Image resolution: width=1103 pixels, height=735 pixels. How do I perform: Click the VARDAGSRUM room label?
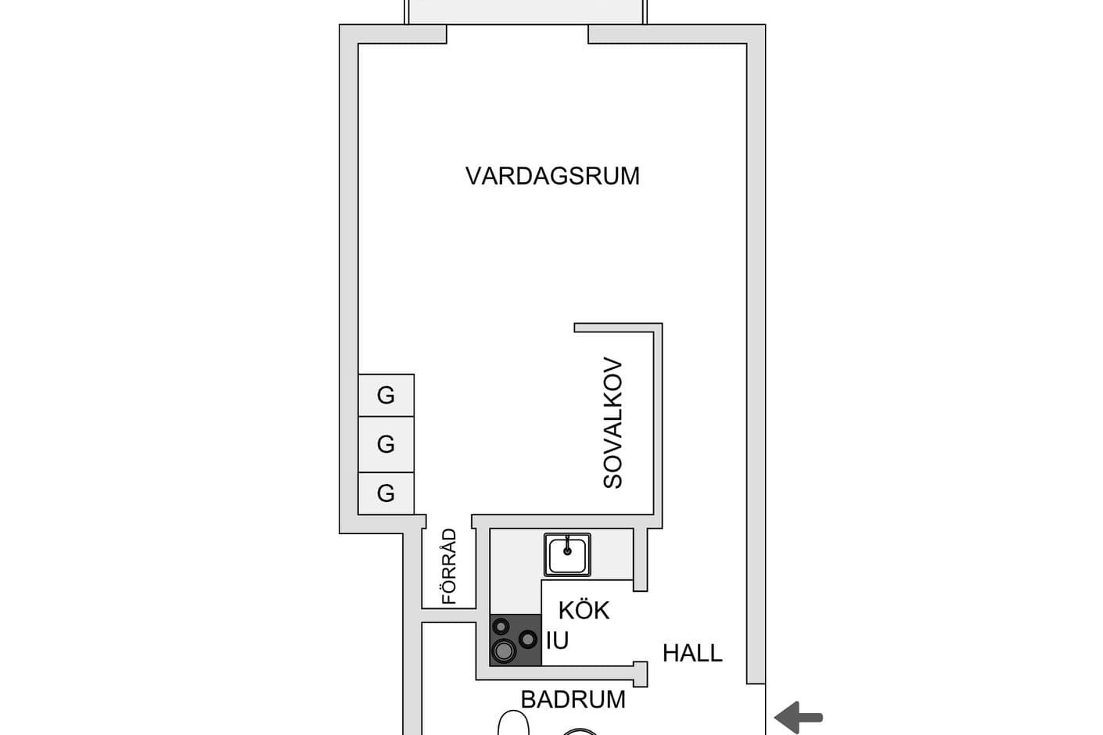point(552,176)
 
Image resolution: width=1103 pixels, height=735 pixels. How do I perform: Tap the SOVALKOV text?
point(613,423)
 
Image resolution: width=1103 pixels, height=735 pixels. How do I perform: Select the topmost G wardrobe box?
point(386,395)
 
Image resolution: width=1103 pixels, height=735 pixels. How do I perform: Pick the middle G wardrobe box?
point(386,444)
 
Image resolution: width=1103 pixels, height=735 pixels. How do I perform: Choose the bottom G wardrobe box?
point(386,493)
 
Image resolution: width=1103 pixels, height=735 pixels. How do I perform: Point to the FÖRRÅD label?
point(449,567)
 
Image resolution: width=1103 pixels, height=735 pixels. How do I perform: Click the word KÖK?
point(584,610)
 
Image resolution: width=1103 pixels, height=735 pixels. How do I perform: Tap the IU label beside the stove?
point(557,640)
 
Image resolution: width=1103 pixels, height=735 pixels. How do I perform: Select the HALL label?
point(692,653)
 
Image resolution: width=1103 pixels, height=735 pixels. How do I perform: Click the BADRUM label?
point(573,699)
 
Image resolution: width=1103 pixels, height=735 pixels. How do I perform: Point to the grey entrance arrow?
point(799,716)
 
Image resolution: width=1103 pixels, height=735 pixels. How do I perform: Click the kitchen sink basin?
point(568,555)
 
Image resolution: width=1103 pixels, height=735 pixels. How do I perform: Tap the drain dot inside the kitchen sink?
point(568,550)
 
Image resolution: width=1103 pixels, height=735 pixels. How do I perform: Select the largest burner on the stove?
point(503,651)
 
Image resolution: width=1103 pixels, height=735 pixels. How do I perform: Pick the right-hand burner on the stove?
point(528,639)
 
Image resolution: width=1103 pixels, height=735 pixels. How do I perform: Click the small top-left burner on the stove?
point(501,626)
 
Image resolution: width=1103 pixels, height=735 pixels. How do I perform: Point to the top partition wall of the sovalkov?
point(618,328)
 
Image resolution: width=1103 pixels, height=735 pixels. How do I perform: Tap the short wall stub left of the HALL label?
point(641,673)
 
